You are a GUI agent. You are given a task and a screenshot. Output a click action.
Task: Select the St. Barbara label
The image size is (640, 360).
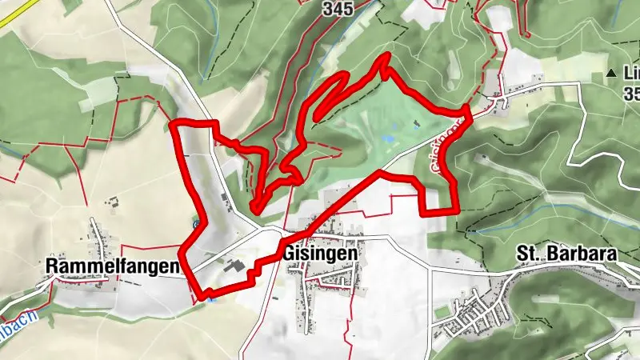click(566, 254)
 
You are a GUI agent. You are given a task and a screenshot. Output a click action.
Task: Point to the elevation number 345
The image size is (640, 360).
click(338, 9)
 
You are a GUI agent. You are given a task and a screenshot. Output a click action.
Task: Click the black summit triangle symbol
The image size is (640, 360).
click(612, 74)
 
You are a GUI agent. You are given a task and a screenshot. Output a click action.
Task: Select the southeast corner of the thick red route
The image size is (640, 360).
click(455, 211)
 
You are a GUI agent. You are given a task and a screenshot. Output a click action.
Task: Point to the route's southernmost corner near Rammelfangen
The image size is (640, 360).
click(202, 298)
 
